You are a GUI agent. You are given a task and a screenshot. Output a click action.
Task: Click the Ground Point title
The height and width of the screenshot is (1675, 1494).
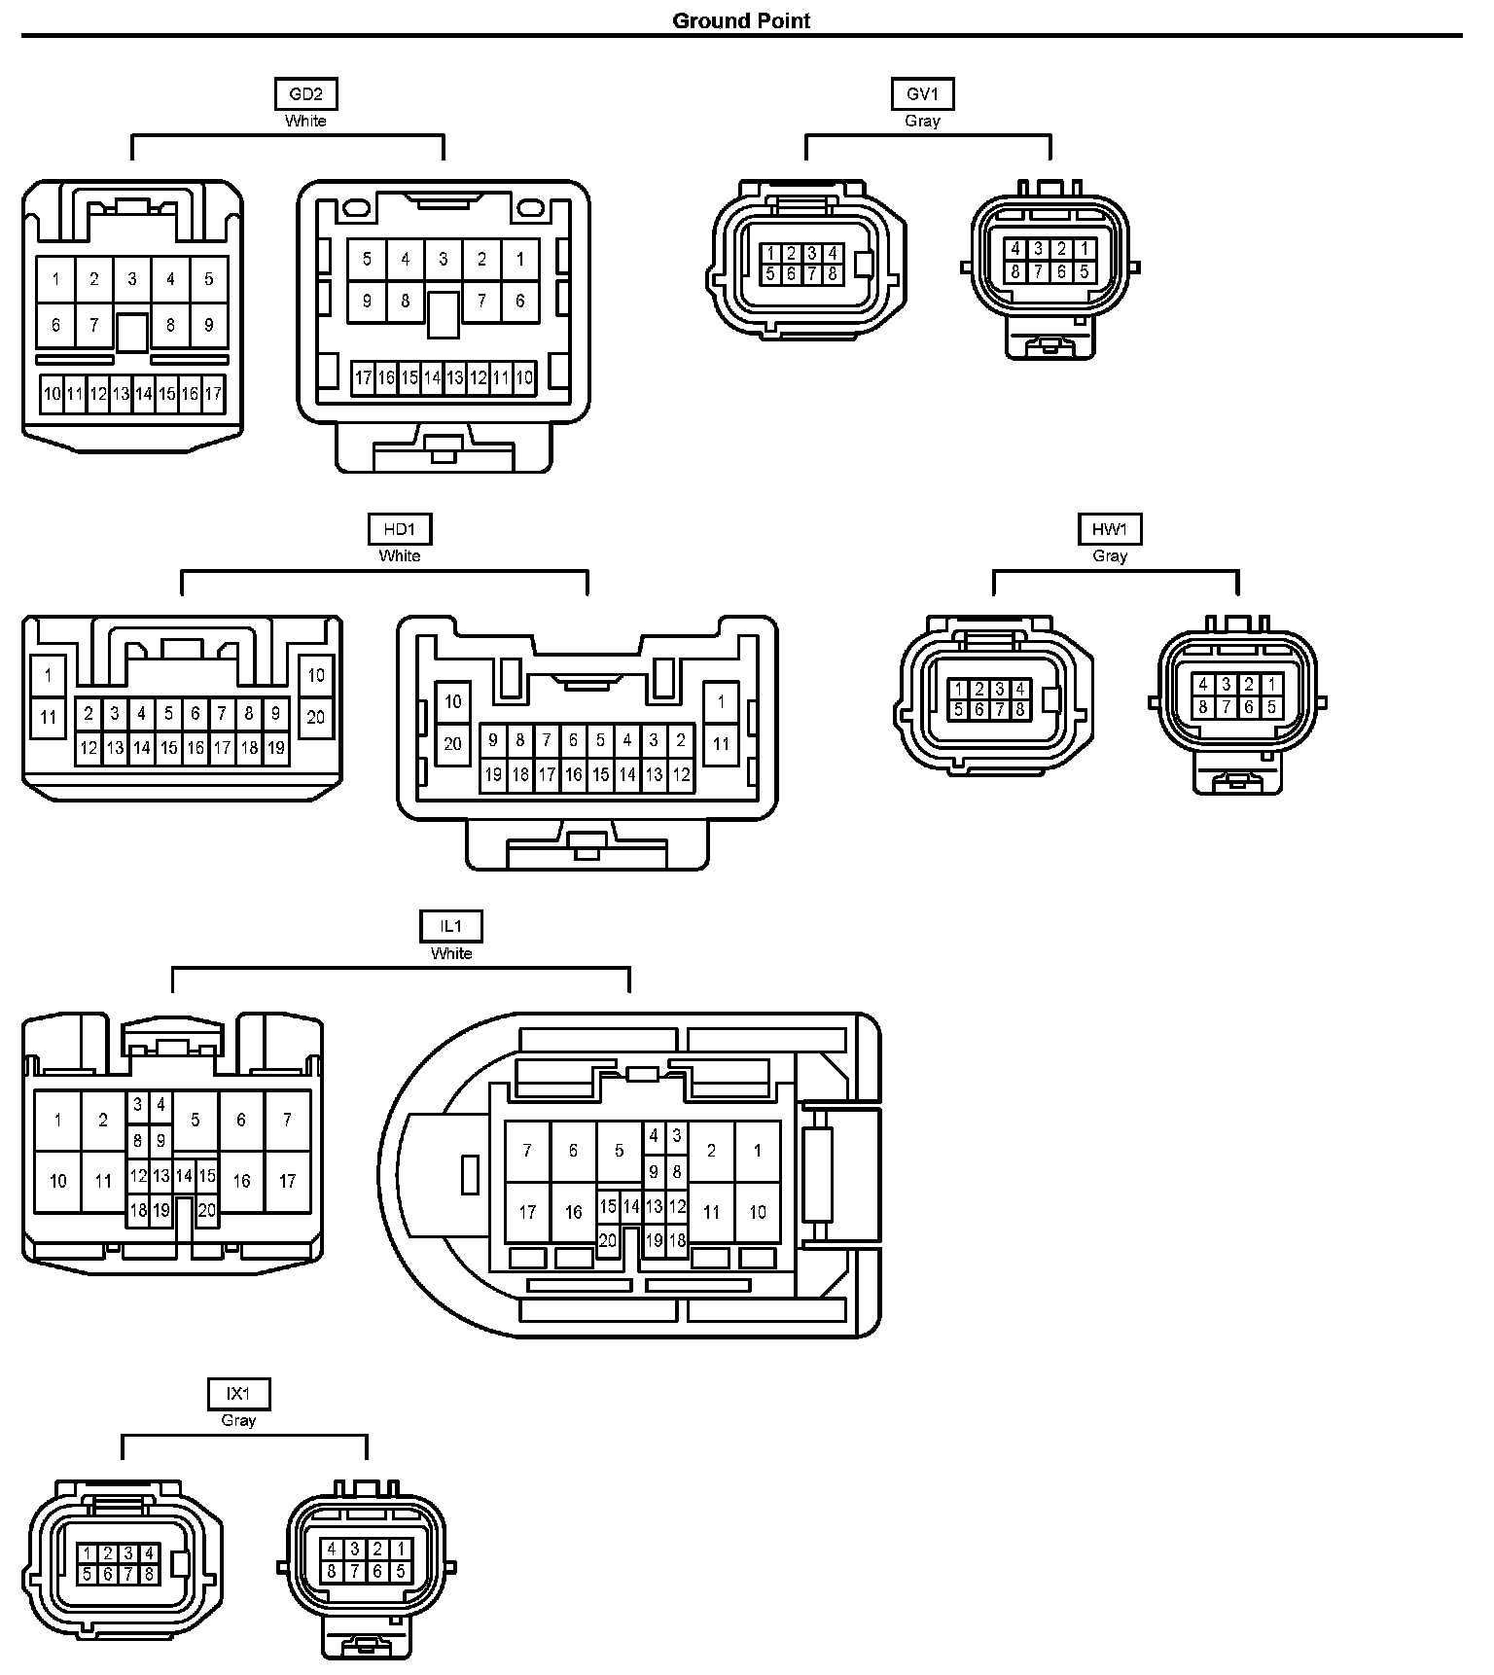pos(741,20)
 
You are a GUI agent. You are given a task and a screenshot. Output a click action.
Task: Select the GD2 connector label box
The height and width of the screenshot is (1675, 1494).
pos(305,94)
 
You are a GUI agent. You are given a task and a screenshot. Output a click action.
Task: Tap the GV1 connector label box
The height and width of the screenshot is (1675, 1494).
pos(922,94)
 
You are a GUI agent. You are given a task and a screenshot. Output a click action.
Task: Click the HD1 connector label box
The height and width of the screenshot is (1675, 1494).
pos(399,529)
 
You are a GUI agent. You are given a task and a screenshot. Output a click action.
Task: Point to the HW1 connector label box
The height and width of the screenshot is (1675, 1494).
pos(1109,529)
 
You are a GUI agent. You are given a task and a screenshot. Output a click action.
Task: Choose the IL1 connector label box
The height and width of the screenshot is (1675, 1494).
pos(451,927)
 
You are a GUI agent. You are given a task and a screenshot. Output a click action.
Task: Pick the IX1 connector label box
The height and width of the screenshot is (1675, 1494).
pos(238,1394)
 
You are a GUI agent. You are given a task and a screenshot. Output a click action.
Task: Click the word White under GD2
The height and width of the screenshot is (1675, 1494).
pos(305,121)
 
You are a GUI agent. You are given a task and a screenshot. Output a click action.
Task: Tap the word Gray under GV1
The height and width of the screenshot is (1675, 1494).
pos(922,121)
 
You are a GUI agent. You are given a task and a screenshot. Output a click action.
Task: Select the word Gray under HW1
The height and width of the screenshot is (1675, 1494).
pos(1109,555)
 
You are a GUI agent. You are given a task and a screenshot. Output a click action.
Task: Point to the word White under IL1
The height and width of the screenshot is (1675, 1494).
pos(451,953)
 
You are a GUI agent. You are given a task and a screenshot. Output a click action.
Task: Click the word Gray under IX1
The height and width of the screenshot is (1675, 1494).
pos(238,1420)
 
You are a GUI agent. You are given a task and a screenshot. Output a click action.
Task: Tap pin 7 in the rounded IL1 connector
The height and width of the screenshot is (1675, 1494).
pos(527,1151)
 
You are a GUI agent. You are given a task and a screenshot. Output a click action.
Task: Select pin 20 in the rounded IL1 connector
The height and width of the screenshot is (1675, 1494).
pos(608,1240)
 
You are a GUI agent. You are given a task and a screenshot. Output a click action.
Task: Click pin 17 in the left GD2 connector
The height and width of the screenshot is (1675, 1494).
pos(213,394)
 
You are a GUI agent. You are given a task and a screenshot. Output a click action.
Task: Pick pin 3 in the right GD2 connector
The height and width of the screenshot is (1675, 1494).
pos(444,260)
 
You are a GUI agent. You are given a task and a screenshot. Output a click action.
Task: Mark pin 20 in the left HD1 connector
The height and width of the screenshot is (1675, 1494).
pos(316,718)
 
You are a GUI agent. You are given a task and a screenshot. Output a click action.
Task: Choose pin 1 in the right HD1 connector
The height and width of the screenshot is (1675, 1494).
pos(721,701)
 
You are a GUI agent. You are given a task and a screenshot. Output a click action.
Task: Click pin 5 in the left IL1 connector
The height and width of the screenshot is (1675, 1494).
pos(196,1120)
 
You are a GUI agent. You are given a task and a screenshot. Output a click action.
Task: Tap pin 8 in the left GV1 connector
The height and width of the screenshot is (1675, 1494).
pos(833,274)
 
